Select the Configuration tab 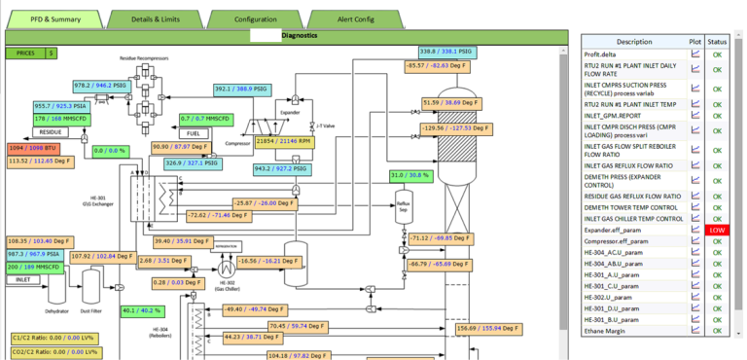255,18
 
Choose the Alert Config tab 356,18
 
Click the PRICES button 24,54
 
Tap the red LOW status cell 717,230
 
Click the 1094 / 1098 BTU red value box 33,146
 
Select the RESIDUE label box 25,130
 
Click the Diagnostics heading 299,35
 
